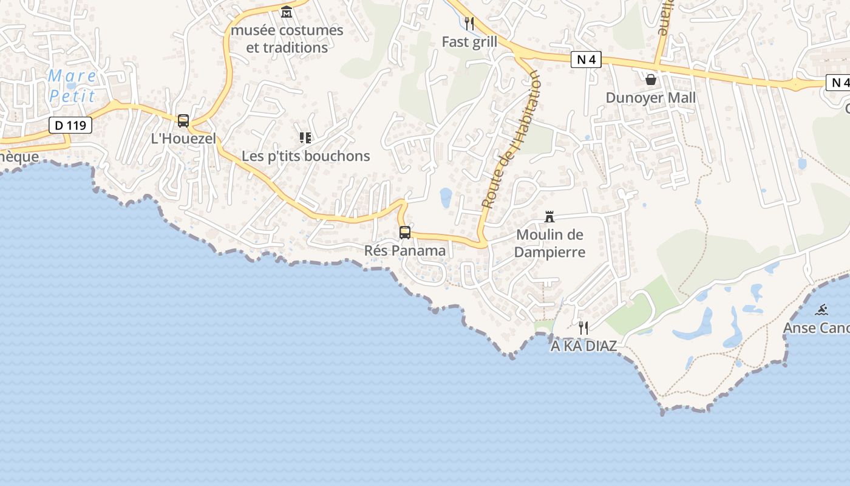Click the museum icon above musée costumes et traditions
(x=287, y=12)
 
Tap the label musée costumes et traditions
(x=287, y=39)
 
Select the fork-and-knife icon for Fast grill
(x=469, y=24)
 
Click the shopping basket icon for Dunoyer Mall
(x=651, y=80)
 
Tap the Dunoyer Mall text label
(x=651, y=98)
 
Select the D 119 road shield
(x=70, y=126)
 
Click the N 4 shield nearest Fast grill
(x=586, y=60)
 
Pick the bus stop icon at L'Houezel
(x=183, y=121)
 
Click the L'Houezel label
(x=183, y=139)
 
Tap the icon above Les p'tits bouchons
(x=305, y=138)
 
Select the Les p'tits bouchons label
(x=305, y=156)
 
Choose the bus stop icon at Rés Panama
(x=405, y=233)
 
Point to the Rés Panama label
(x=405, y=250)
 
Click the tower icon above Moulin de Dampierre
(x=549, y=217)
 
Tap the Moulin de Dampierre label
(x=549, y=244)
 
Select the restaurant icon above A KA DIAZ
(x=583, y=328)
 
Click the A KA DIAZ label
(x=583, y=346)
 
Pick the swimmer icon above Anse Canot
(x=821, y=310)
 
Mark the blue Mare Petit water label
(x=72, y=86)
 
